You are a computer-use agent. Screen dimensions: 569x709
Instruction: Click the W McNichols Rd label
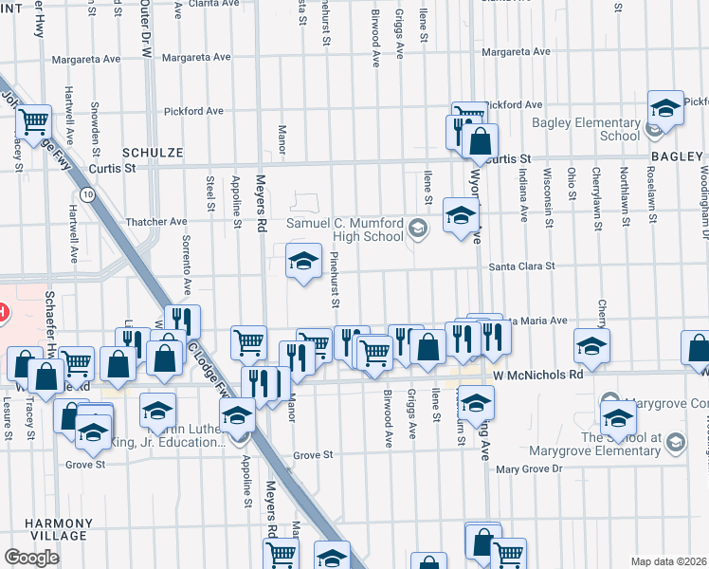click(537, 376)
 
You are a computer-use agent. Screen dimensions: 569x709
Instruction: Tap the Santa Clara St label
click(521, 266)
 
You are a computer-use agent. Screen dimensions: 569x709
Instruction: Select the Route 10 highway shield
click(86, 194)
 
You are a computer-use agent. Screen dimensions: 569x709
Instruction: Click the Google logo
click(32, 558)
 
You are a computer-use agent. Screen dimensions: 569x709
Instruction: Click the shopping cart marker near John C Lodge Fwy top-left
click(33, 120)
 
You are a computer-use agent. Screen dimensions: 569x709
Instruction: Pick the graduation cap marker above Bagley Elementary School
click(665, 107)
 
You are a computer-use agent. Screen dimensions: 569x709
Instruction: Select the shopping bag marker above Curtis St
click(481, 141)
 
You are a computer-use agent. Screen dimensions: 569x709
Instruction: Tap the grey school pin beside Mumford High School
click(418, 229)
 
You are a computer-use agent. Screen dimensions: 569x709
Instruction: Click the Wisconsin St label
click(548, 192)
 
